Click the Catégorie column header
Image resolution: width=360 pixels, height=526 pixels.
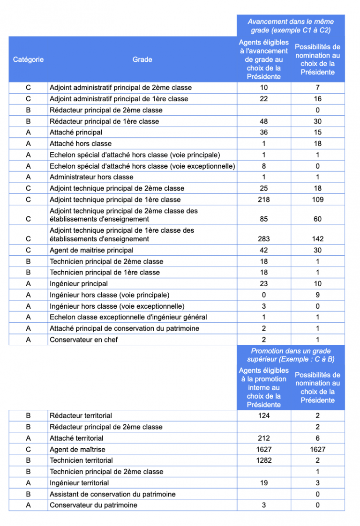pos(28,59)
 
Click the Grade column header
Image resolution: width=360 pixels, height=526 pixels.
pos(142,59)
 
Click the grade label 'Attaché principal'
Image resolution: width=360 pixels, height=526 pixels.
pos(76,133)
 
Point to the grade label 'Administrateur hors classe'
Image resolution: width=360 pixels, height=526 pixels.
pos(91,177)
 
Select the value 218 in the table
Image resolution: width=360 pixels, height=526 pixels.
pos(264,200)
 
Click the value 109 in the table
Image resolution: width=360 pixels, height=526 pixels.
pos(317,200)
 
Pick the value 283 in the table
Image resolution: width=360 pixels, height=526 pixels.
pos(264,239)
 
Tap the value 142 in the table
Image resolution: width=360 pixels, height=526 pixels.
pos(317,239)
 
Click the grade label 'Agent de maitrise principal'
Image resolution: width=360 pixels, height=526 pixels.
pos(91,250)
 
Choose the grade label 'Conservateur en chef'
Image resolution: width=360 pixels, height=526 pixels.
pos(84,340)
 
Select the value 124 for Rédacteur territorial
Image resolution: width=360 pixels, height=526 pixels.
pos(264,415)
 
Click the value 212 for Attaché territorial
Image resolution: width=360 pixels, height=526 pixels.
pos(264,438)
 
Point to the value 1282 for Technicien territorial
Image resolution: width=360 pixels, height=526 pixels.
pos(264,460)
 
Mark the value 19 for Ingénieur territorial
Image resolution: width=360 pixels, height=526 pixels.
pos(264,483)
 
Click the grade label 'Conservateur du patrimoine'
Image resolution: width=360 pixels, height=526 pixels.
pos(93,505)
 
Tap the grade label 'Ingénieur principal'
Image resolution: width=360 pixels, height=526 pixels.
pos(79,283)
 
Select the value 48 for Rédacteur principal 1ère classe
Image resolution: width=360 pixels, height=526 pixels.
pos(264,121)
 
